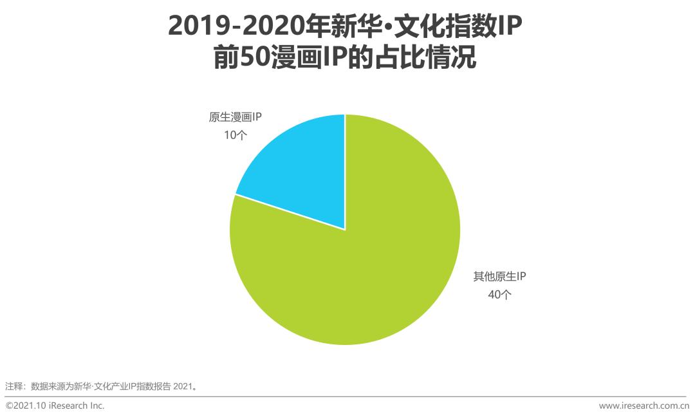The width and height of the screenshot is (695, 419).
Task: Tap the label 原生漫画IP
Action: pyautogui.click(x=235, y=117)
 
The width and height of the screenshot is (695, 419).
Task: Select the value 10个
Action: pyautogui.click(x=236, y=135)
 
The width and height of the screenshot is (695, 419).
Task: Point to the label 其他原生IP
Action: pyautogui.click(x=500, y=277)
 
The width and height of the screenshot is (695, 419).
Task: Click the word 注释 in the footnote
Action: pyautogui.click(x=14, y=386)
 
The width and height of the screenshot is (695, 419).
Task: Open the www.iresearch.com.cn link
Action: pyautogui.click(x=644, y=405)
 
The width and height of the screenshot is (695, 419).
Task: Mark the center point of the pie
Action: pyautogui.click(x=346, y=230)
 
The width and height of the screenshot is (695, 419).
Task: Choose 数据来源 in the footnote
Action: pyautogui.click(x=48, y=386)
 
